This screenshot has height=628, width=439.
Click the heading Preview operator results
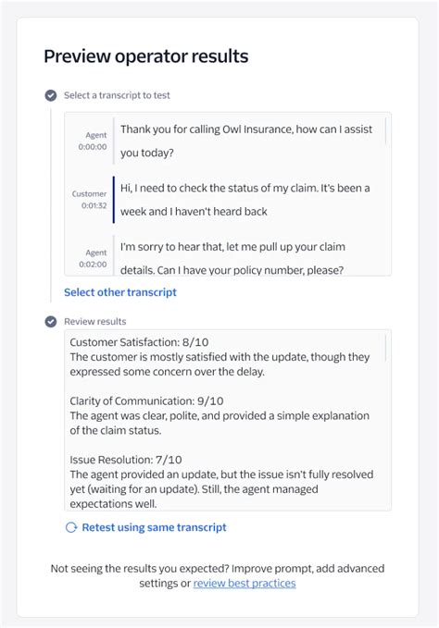[145, 56]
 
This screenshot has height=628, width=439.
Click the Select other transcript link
[119, 292]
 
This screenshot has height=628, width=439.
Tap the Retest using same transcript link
[154, 527]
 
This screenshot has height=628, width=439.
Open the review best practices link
[245, 584]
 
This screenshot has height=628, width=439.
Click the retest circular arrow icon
[71, 527]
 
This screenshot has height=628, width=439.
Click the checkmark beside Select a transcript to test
[50, 95]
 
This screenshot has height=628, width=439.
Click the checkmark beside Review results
[50, 322]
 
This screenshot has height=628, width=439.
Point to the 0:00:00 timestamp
[93, 146]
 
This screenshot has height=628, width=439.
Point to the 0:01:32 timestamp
[93, 205]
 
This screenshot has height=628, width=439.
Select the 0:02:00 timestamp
[93, 264]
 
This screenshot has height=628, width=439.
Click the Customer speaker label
[90, 193]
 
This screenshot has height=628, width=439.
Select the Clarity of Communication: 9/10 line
[146, 400]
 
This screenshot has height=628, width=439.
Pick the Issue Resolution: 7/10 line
[126, 459]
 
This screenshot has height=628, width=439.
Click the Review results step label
[94, 322]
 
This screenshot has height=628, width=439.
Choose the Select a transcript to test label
[117, 95]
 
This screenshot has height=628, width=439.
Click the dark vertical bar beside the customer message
[113, 199]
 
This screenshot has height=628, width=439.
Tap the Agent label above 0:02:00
[96, 252]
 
